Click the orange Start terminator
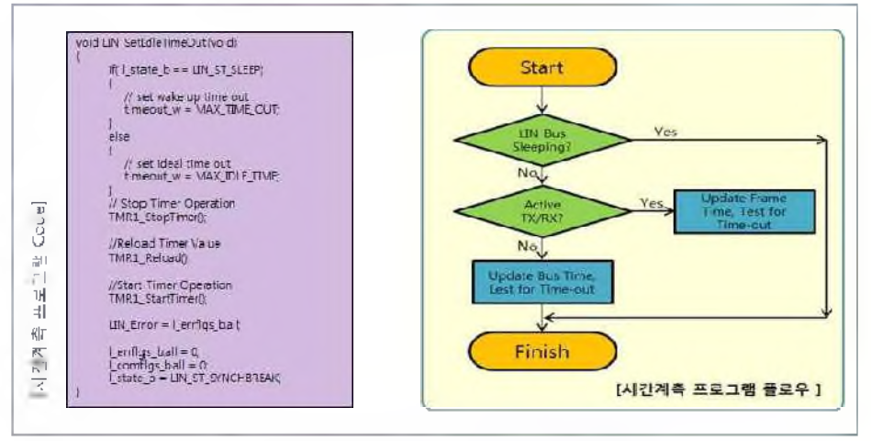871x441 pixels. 542,67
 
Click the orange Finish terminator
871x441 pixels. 542,352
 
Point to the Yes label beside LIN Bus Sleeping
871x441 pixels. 667,131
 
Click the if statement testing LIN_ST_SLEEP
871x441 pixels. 173,70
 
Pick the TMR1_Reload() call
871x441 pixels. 146,259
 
